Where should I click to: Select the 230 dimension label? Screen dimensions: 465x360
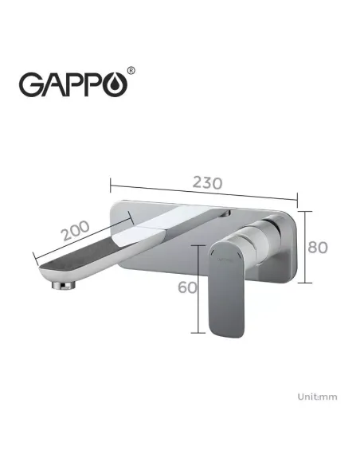[x=205, y=182]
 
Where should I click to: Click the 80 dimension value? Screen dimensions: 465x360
[x=318, y=247]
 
